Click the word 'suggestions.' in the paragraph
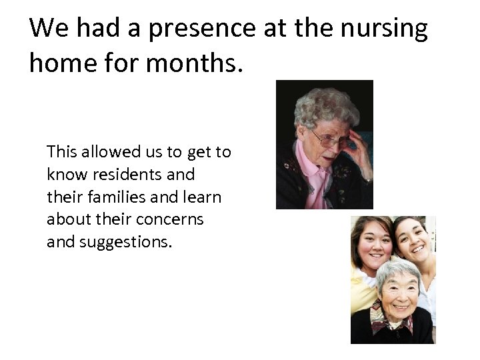[125, 242]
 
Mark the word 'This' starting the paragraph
[62, 152]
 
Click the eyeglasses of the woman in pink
[328, 139]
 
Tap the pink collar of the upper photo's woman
[314, 169]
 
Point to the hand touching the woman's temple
[357, 151]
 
